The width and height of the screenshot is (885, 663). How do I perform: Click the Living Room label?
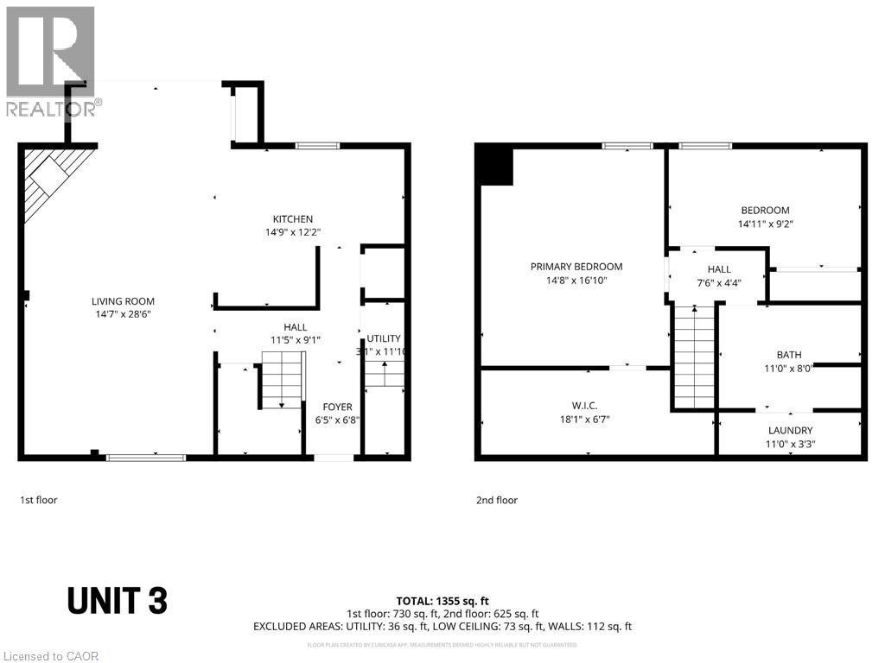pyautogui.click(x=123, y=301)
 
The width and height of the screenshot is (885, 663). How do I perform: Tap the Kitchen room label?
pyautogui.click(x=293, y=218)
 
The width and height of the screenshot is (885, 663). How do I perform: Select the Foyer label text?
pyautogui.click(x=337, y=407)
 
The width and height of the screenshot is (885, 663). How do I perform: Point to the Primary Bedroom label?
pyautogui.click(x=576, y=266)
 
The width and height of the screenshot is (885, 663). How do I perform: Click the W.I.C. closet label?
pyautogui.click(x=584, y=405)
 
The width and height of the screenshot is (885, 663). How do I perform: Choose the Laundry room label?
pyautogui.click(x=790, y=430)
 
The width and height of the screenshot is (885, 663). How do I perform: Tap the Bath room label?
pyautogui.click(x=788, y=354)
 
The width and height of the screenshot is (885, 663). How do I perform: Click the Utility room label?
pyautogui.click(x=383, y=338)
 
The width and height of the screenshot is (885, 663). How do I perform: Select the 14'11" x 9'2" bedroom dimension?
pyautogui.click(x=765, y=224)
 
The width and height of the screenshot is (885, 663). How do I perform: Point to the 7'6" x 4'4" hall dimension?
pyautogui.click(x=719, y=282)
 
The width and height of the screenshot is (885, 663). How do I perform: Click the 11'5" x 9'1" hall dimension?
pyautogui.click(x=295, y=340)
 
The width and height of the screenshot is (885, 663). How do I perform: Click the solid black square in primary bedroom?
pyautogui.click(x=495, y=165)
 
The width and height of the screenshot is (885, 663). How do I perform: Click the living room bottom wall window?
pyautogui.click(x=145, y=457)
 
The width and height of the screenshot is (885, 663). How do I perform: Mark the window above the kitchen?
pyautogui.click(x=318, y=146)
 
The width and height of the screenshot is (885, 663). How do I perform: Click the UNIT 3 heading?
pyautogui.click(x=117, y=600)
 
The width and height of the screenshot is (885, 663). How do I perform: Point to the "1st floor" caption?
pyautogui.click(x=39, y=499)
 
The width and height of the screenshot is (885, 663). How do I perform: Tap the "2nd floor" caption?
pyautogui.click(x=497, y=499)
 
